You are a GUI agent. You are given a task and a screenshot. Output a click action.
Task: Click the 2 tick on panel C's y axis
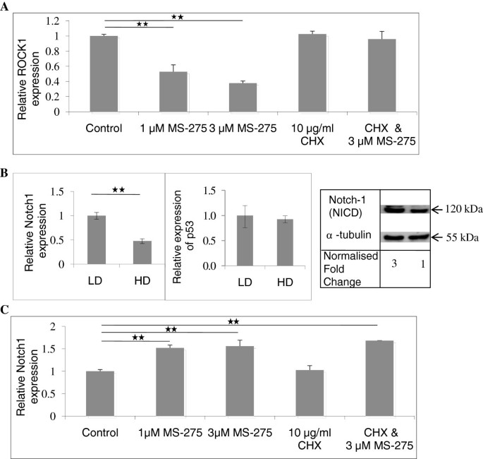(73, 326)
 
